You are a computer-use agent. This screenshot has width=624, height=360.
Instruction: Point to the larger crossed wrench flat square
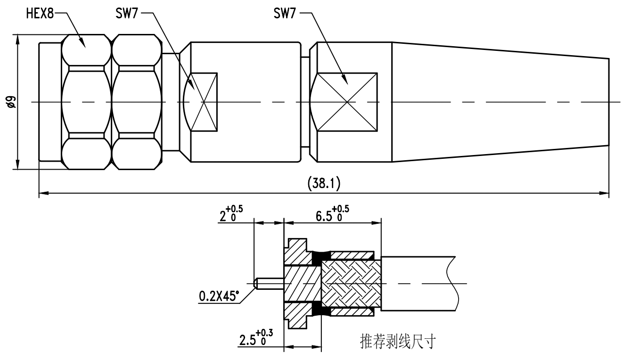[x=347, y=102]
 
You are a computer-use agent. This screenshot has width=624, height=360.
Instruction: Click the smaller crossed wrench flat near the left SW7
[x=203, y=102]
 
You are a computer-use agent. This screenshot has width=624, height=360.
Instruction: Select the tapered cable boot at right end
[x=500, y=102]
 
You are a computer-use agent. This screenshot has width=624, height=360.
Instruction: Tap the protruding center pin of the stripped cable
[x=269, y=284]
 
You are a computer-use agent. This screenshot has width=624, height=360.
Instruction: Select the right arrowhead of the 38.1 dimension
[x=605, y=192]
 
